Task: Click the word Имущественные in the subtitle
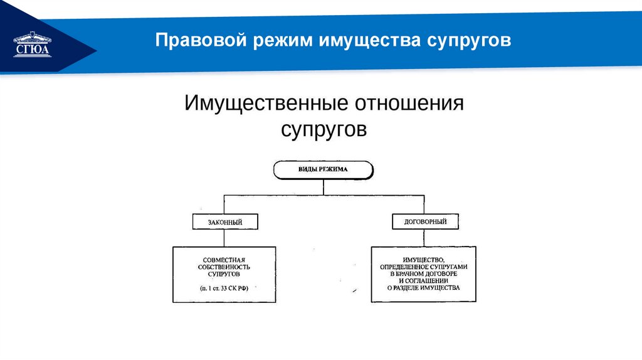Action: (266, 102)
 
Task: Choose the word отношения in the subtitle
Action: (410, 102)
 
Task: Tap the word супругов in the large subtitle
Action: (322, 130)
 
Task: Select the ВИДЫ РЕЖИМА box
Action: (323, 170)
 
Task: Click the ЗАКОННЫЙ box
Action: (225, 221)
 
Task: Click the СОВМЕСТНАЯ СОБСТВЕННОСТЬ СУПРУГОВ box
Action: (224, 274)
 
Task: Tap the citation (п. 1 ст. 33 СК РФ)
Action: (224, 289)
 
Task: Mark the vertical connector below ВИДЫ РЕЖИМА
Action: (323, 187)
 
